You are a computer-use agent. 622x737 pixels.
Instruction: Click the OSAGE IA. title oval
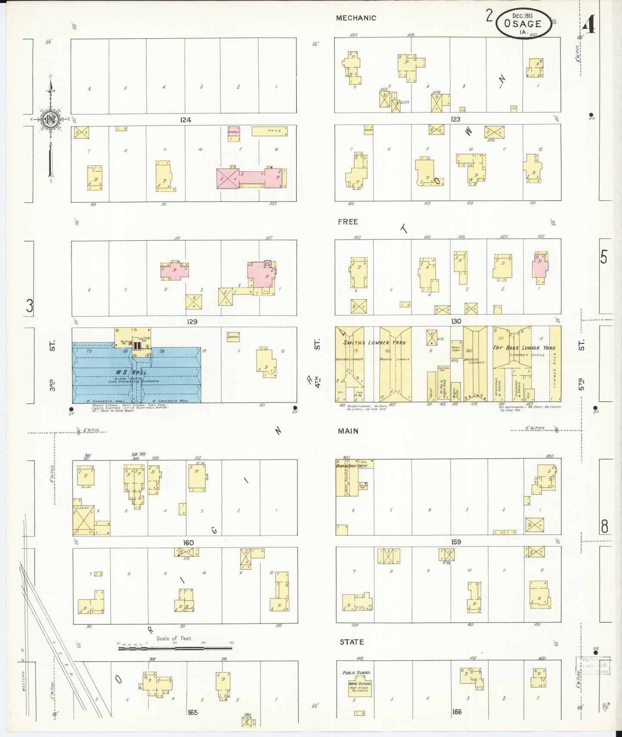pos(523,23)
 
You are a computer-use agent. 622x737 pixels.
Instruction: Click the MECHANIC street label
pos(356,18)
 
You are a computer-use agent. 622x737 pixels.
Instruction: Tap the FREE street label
pos(348,222)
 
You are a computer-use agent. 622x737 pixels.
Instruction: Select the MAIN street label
pos(348,431)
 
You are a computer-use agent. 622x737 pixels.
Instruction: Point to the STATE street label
pos(352,642)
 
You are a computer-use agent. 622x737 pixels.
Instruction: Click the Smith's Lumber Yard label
pos(374,343)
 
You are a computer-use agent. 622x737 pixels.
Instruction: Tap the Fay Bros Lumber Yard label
pos(524,347)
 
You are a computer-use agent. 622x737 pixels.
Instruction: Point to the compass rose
pos(51,120)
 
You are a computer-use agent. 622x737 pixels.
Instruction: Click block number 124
pos(186,120)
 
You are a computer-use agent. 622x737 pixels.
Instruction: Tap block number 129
pos(192,322)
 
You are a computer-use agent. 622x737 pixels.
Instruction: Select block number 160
pos(188,543)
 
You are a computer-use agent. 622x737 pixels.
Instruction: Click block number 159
pos(455,542)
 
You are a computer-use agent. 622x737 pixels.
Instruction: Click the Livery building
pos(84,520)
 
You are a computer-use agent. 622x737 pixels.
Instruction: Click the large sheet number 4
pos(589,26)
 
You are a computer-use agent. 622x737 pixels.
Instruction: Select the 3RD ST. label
pos(52,365)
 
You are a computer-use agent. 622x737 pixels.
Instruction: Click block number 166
pos(457,712)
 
